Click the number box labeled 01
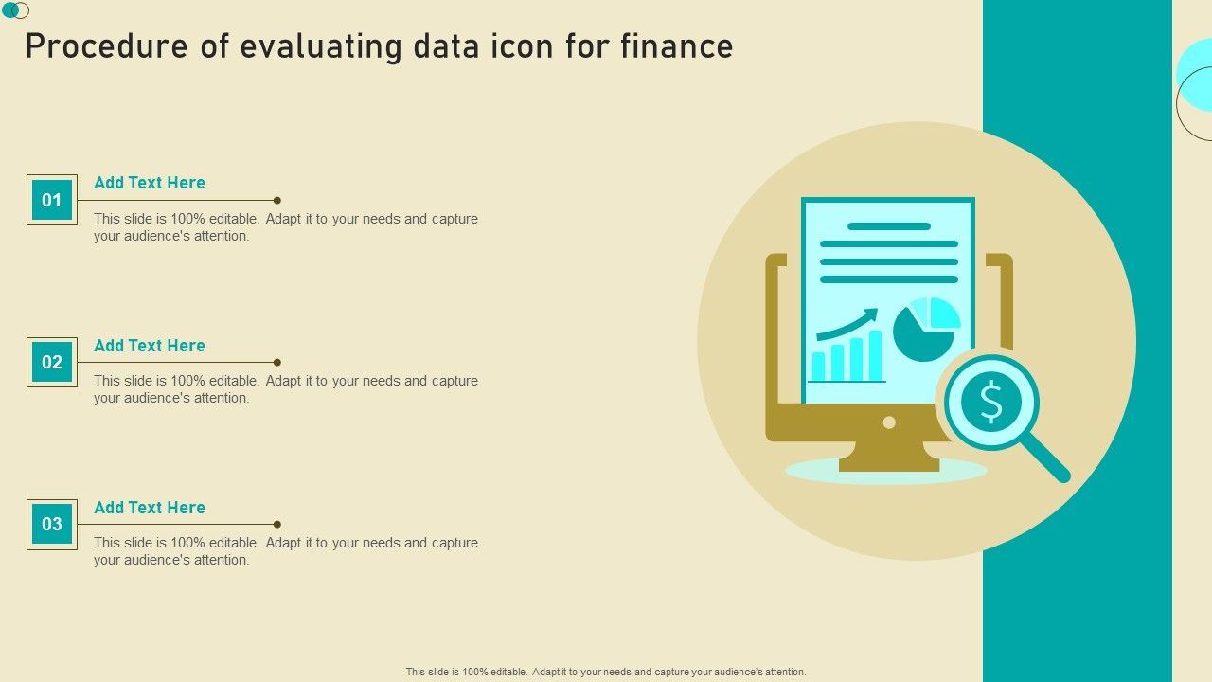[52, 200]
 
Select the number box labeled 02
[52, 362]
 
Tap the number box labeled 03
[52, 524]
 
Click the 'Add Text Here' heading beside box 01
[150, 183]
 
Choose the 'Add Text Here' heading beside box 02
[150, 346]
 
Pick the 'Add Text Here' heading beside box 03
[150, 507]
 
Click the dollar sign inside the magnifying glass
[991, 402]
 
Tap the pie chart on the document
[926, 329]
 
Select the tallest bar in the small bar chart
[876, 355]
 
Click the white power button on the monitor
[889, 422]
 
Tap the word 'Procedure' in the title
[107, 46]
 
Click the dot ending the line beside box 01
[277, 200]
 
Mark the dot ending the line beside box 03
[277, 524]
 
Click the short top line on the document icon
[889, 226]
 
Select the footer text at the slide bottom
[606, 672]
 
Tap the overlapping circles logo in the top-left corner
[16, 10]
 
